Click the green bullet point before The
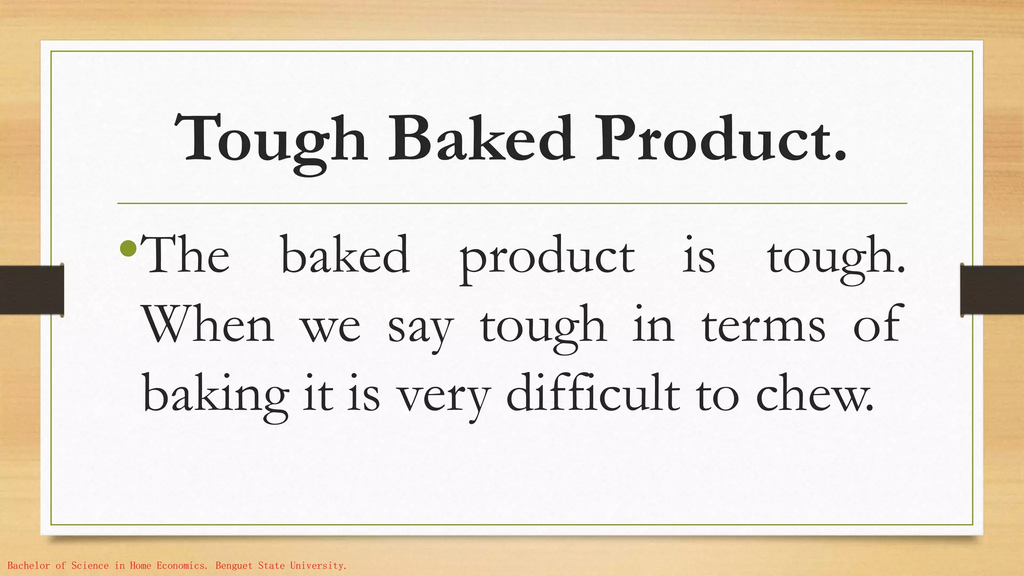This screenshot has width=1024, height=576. click(128, 247)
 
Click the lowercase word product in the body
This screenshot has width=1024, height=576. click(547, 259)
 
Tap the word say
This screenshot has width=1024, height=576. click(420, 330)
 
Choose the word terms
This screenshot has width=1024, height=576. click(763, 326)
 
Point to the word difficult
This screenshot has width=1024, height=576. click(593, 393)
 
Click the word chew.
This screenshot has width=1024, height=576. click(814, 395)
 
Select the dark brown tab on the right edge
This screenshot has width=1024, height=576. click(991, 290)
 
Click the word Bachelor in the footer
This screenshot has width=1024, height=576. click(29, 566)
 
